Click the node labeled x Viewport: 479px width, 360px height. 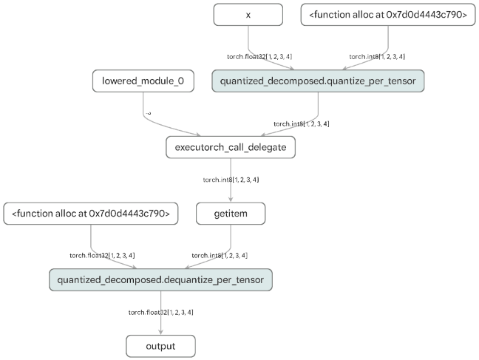coord(248,15)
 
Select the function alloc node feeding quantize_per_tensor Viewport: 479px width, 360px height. coord(387,15)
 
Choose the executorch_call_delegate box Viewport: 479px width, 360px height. coord(231,148)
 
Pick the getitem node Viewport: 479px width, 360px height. coord(231,214)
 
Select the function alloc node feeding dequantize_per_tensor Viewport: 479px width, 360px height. coord(91,214)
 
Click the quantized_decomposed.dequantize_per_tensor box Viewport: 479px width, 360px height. coord(161,280)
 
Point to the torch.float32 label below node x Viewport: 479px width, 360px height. coord(254,56)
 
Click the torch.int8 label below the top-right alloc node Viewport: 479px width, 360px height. coord(377,56)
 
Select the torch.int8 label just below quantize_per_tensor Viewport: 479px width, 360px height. coord(301,123)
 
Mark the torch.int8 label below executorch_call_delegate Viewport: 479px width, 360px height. coord(231,180)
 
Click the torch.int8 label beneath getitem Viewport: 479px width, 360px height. coord(220,255)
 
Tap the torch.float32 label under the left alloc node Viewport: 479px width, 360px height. coord(106,255)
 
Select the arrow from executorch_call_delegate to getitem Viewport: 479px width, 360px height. coord(231,189)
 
